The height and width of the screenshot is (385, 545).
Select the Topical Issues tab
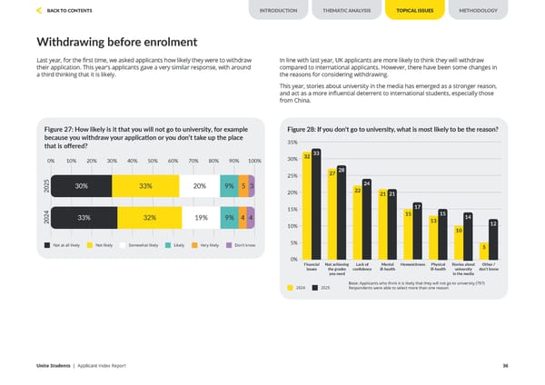(411, 11)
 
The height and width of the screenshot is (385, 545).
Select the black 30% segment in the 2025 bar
(82, 186)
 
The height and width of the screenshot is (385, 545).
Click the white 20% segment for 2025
(199, 186)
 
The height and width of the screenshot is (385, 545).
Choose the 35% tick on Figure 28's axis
(292, 142)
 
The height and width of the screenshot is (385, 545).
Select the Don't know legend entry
(244, 245)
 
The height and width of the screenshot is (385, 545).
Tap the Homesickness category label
(412, 264)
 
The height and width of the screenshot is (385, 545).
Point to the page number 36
(504, 365)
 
